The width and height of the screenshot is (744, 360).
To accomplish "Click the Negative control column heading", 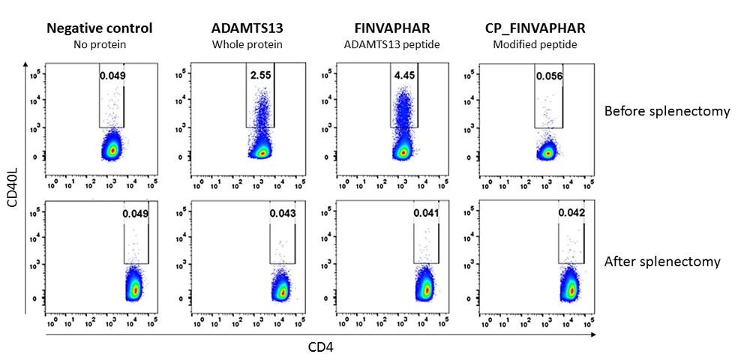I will click(x=99, y=28).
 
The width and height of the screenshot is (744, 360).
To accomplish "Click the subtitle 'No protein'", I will click(x=99, y=43).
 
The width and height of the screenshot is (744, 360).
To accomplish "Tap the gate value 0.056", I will click(x=549, y=76).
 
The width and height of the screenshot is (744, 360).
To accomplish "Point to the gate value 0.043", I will click(x=283, y=214).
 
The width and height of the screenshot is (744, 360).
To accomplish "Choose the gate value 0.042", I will click(x=571, y=214).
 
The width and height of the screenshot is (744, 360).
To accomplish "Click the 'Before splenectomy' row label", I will click(x=667, y=111).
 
